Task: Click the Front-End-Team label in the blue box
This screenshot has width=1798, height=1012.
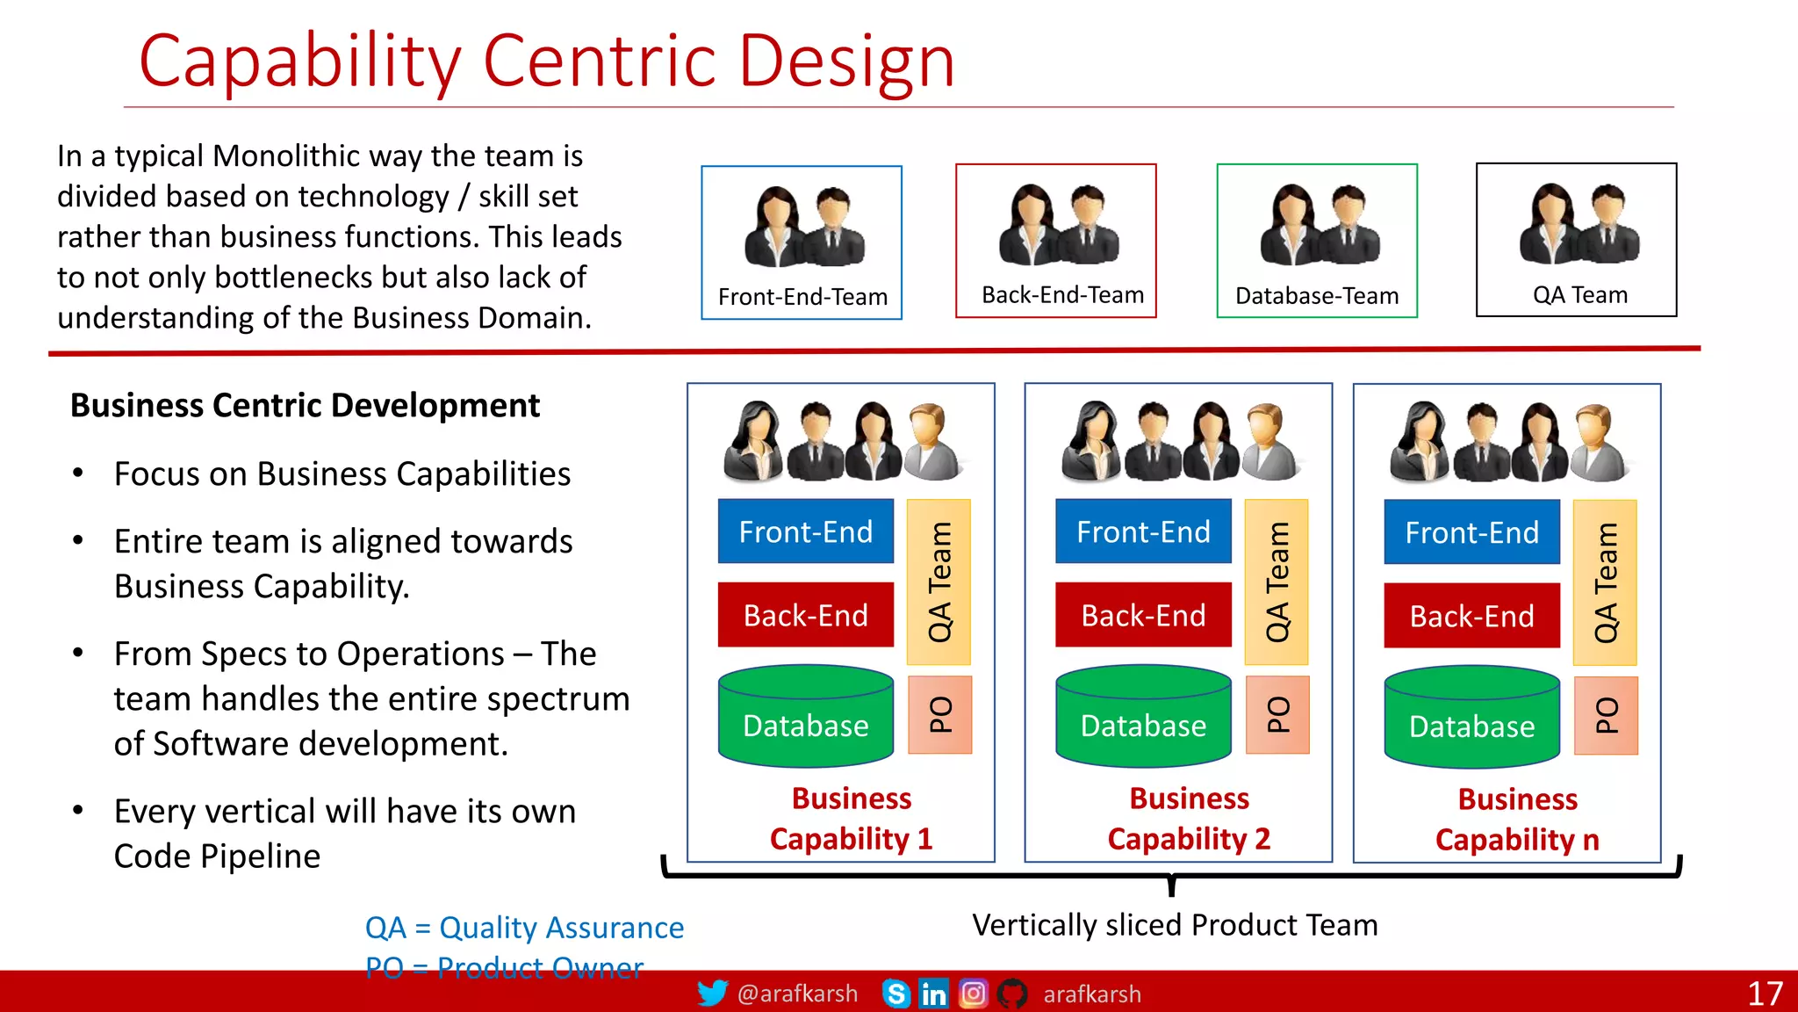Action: [x=802, y=297]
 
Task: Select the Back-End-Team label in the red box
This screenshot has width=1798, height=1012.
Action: [x=1062, y=295]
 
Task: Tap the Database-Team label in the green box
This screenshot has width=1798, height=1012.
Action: [x=1316, y=296]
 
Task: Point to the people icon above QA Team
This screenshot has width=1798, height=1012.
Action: [x=1579, y=225]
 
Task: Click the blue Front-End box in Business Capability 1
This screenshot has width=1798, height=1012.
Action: [x=805, y=531]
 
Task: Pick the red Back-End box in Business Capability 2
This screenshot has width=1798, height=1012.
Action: [x=1143, y=615]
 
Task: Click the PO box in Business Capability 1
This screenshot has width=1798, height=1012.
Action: [x=939, y=715]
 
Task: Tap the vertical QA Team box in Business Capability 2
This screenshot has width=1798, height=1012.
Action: [x=1277, y=582]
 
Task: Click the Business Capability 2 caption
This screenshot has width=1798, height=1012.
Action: [x=1189, y=819]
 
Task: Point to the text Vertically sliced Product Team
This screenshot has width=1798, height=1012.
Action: [x=1175, y=925]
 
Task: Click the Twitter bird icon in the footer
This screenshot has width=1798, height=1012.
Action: [x=712, y=994]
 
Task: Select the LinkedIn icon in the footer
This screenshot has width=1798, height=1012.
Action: [x=933, y=994]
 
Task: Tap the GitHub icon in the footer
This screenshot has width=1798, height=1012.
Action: [x=1012, y=994]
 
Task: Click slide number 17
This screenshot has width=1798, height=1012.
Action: [x=1765, y=994]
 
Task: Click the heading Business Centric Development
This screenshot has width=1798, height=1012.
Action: [x=305, y=406]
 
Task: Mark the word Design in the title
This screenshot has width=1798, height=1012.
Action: [x=846, y=61]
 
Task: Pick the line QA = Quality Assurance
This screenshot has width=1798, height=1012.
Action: [x=524, y=928]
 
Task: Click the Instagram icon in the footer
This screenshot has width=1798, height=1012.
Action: [x=973, y=994]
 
